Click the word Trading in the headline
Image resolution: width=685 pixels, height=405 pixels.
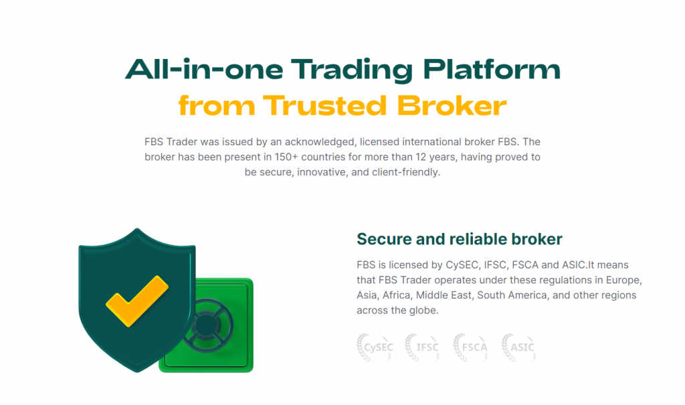351,70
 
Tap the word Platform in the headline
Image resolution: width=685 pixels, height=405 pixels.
492,69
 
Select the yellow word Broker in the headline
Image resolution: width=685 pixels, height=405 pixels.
452,106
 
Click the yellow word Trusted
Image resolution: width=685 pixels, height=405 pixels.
325,106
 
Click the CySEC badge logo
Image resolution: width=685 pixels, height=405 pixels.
375,347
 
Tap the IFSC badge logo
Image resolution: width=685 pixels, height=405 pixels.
422,347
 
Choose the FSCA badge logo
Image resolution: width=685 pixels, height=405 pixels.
470,347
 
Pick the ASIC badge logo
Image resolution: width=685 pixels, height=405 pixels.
518,347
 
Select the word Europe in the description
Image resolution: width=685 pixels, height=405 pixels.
626,280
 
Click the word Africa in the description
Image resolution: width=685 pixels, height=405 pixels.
397,295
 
